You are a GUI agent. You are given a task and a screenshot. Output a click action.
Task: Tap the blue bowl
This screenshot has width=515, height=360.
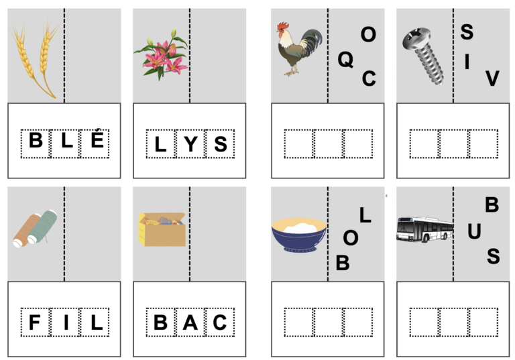[298, 235]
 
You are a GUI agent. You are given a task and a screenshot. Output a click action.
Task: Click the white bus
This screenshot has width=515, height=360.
[424, 229]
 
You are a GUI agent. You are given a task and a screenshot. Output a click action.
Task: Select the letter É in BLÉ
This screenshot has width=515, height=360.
[95, 143]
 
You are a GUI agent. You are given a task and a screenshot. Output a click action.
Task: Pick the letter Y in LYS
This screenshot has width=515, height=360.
[190, 143]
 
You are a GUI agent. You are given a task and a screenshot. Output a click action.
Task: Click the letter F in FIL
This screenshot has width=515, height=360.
[35, 322]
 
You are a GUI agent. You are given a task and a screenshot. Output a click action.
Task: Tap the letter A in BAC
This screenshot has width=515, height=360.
[190, 322]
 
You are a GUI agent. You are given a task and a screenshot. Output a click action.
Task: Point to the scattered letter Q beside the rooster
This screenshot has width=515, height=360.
[345, 60]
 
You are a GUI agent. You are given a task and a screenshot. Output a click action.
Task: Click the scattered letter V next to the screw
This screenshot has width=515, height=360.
[492, 79]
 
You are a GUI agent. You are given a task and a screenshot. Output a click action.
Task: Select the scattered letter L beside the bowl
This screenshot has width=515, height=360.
[365, 215]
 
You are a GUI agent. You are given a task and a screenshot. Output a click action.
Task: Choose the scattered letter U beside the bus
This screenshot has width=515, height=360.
[474, 232]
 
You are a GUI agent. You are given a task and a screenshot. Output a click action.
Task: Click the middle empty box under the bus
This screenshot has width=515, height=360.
[454, 322]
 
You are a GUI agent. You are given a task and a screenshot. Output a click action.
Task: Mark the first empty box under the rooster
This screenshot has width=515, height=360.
[298, 143]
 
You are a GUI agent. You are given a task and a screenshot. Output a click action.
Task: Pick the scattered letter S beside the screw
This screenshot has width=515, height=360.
[467, 32]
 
